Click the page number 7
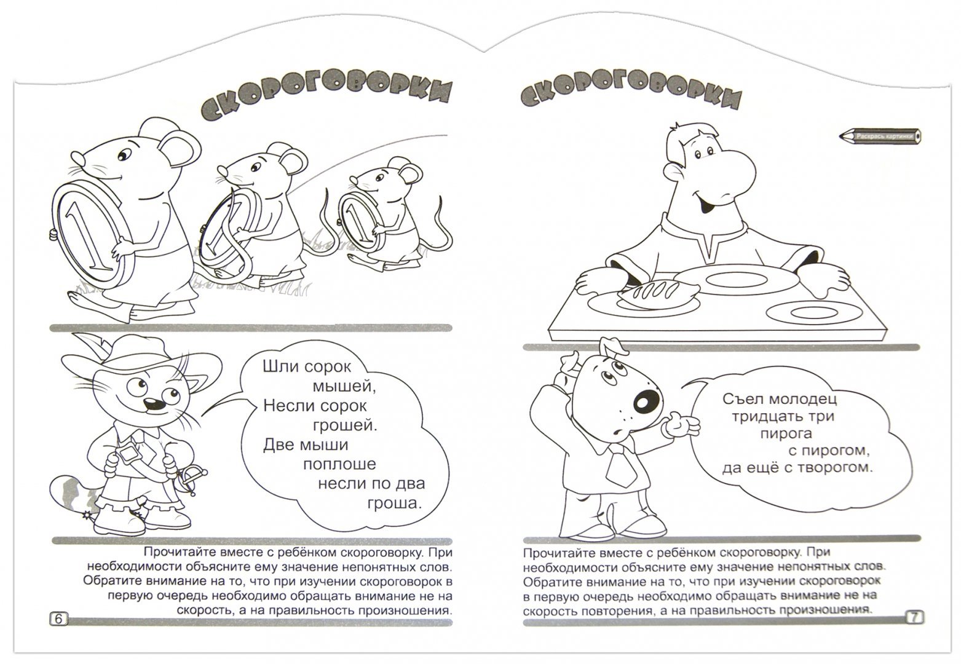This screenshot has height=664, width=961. click(x=914, y=618)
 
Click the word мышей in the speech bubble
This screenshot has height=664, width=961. click(x=344, y=387)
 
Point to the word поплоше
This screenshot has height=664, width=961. click(x=339, y=464)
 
